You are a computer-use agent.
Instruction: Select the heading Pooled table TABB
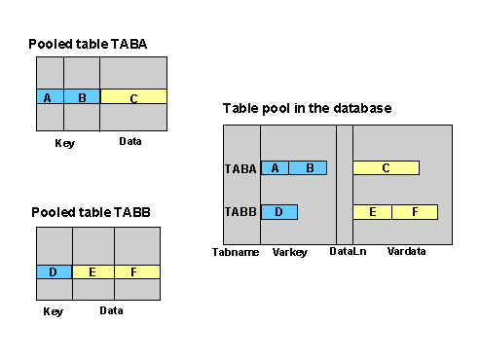(x=90, y=211)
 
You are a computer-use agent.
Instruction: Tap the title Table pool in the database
(x=307, y=108)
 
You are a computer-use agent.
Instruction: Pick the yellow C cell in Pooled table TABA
(x=133, y=97)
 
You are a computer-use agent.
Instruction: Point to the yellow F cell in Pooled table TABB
(x=133, y=272)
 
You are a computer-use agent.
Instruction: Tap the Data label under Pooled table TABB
(x=111, y=311)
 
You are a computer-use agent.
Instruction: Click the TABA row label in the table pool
(x=240, y=168)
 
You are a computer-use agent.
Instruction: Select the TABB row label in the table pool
(x=240, y=211)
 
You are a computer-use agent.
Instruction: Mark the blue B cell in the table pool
(x=309, y=168)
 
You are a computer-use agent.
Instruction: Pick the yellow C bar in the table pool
(x=386, y=168)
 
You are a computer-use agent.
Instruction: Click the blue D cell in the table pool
(x=279, y=211)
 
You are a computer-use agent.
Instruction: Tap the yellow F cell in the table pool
(x=416, y=211)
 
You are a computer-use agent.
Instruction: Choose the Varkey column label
(x=290, y=252)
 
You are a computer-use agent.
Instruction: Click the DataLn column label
(x=345, y=252)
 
